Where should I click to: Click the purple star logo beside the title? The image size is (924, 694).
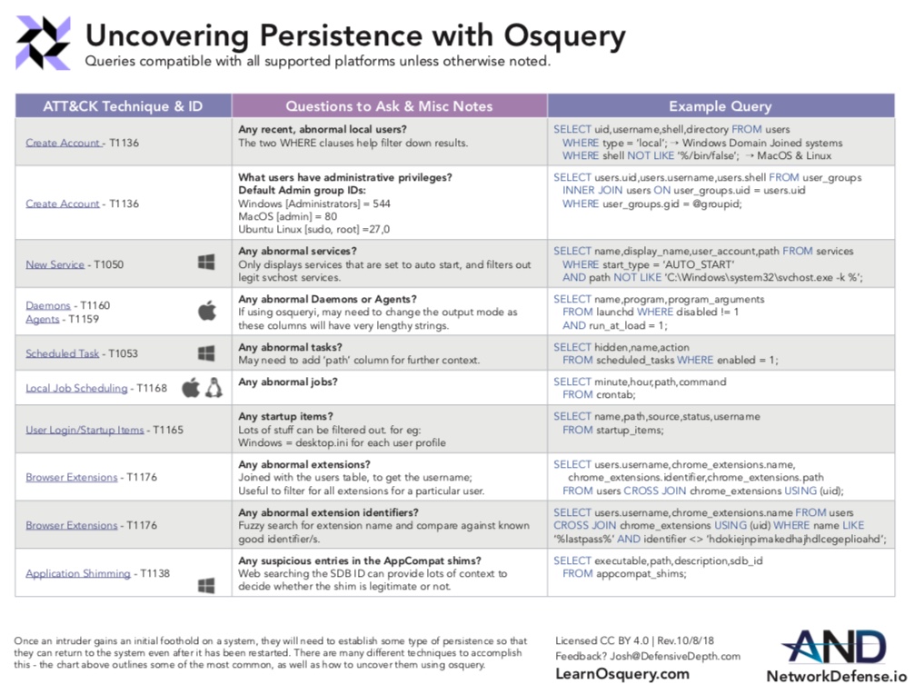(43, 43)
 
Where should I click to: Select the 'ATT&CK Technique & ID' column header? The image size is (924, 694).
(123, 106)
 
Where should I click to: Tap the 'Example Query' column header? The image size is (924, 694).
(720, 106)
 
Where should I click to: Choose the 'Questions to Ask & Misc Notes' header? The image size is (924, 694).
(389, 106)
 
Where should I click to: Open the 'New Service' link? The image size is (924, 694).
(55, 264)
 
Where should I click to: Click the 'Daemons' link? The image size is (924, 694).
(47, 305)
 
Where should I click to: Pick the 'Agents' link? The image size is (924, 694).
(43, 319)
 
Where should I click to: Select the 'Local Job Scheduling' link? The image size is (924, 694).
(76, 388)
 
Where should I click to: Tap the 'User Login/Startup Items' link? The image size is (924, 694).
(84, 430)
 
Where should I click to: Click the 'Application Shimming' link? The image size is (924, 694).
(78, 573)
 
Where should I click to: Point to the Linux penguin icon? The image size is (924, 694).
(214, 388)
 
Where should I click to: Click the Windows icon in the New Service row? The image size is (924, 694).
(206, 263)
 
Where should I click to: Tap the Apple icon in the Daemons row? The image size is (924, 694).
(207, 312)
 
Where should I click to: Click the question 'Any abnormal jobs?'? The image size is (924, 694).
(290, 382)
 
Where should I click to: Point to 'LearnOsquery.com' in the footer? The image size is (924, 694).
(621, 674)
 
